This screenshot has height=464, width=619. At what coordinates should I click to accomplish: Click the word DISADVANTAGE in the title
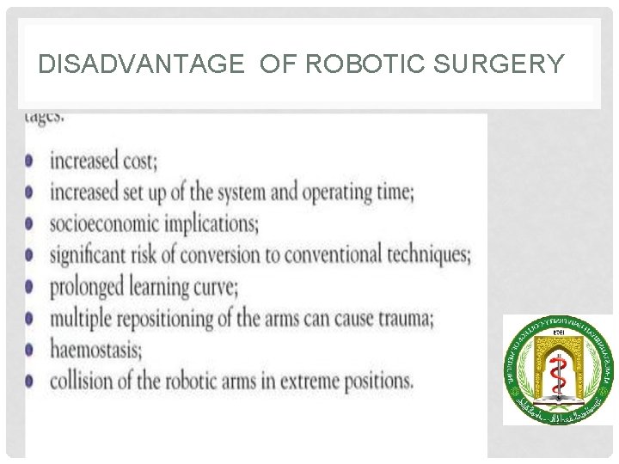point(141,64)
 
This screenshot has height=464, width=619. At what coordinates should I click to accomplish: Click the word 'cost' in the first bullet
point(138,161)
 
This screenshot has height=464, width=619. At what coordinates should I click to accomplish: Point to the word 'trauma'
point(401,318)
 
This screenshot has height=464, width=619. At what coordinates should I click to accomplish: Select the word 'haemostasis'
point(95,349)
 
